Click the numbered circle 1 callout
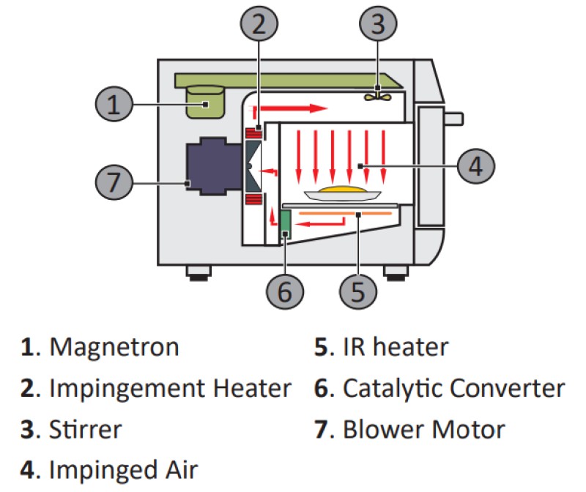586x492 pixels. coord(113,104)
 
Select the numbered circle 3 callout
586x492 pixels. coord(377,25)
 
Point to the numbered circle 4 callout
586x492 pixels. coord(475,166)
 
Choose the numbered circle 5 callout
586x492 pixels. coord(357,291)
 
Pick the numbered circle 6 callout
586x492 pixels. coord(285,291)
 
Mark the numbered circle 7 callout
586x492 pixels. coord(113,181)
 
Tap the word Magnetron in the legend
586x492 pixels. coord(114,346)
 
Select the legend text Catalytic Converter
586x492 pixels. coord(453,387)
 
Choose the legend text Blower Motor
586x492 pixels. coord(424,428)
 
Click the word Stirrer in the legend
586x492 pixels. coord(84,428)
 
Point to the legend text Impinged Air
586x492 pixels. coord(123,469)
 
